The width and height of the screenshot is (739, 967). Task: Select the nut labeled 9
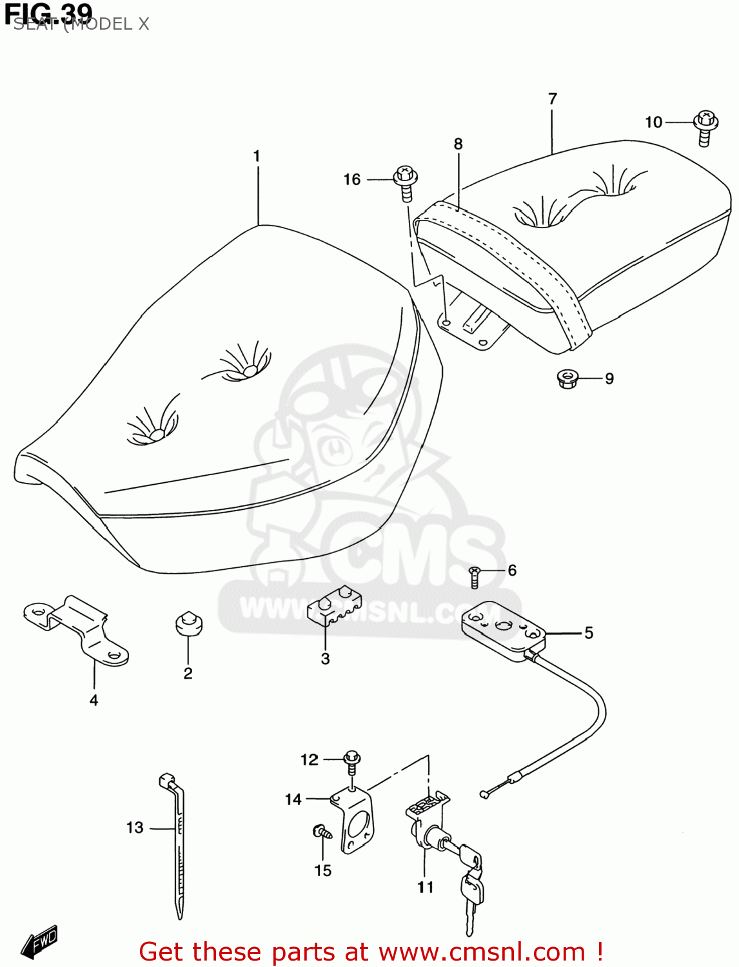click(567, 378)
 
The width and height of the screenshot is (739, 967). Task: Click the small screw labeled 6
click(475, 576)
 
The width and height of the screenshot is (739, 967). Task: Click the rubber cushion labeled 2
click(189, 623)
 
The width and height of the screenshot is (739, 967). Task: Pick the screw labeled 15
click(322, 832)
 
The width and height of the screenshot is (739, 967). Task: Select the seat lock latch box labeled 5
click(504, 630)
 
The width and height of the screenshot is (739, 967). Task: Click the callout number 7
click(553, 99)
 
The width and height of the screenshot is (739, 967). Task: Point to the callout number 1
click(257, 156)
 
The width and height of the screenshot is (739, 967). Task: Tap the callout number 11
click(425, 887)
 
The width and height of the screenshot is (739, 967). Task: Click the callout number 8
click(458, 144)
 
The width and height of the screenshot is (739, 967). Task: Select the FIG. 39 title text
click(49, 13)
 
